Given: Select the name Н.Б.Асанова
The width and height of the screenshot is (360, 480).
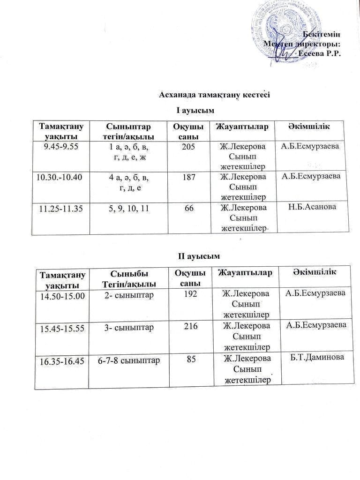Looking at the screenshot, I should pos(312,206).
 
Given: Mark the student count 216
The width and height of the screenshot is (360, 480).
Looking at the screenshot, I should pos(190,327).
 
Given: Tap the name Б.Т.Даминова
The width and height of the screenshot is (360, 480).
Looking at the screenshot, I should pos(317,358).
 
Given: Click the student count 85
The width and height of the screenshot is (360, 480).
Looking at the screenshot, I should pos(191,360).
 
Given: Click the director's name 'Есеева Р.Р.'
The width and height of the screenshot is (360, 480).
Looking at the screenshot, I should pos(319,53).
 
